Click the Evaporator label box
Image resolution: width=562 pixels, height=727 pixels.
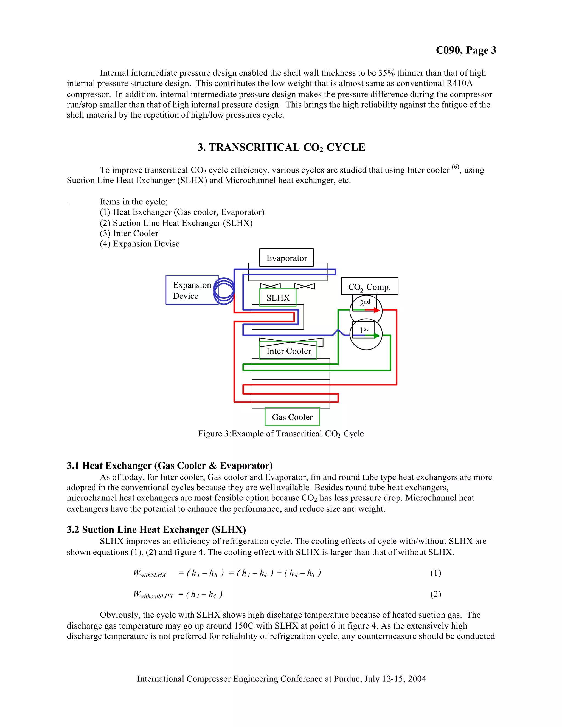(286, 258)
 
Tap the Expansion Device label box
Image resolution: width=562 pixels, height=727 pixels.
(192, 290)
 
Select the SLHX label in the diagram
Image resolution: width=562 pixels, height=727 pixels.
(278, 298)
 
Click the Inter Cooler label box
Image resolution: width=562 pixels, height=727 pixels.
(288, 351)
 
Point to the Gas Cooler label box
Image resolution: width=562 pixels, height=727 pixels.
(292, 417)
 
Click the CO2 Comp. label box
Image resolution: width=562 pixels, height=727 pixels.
(369, 287)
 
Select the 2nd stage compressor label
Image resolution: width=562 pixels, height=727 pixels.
(365, 303)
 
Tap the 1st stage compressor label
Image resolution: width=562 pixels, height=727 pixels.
(364, 329)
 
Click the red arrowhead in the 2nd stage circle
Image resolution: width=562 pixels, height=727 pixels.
(376, 310)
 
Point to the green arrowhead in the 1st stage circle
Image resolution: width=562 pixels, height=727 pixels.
(376, 336)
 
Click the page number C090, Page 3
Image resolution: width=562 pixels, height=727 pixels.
(466, 50)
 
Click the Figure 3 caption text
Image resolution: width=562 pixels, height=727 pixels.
(281, 434)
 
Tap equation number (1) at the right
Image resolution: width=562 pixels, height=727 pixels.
(435, 573)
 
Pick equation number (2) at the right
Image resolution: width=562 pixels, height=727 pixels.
(435, 594)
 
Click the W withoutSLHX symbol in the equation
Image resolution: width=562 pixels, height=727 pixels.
(153, 594)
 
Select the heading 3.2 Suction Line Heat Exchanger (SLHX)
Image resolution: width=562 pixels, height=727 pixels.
(156, 529)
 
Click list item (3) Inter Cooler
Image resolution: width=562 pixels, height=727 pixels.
(129, 233)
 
